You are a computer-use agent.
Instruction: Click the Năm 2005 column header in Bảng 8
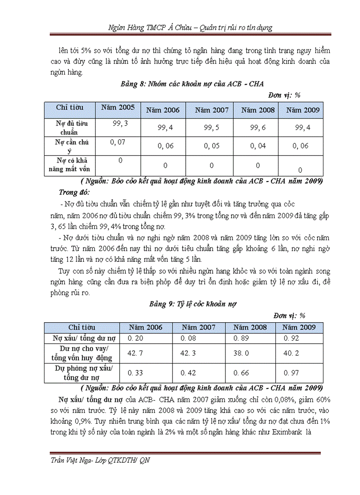point(118,107)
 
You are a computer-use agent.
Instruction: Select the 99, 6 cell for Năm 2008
point(258,128)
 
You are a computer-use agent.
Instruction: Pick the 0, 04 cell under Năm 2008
point(258,146)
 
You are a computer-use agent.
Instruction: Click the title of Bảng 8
point(192,84)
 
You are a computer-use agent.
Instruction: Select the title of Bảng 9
point(193,304)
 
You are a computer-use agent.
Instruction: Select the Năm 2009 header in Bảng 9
point(299,328)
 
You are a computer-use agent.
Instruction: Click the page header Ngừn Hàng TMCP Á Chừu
point(137,27)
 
